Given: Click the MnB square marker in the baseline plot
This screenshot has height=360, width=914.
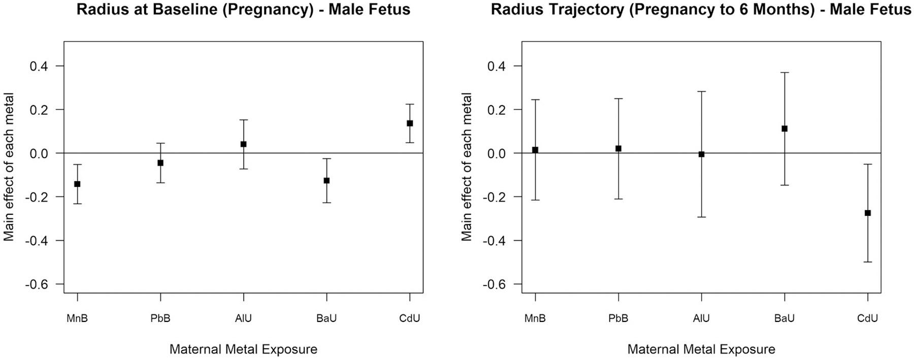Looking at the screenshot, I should tap(77, 184).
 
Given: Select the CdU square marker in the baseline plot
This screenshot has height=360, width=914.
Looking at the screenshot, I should tap(410, 123).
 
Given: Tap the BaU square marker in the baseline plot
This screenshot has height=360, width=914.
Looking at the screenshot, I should tap(327, 180).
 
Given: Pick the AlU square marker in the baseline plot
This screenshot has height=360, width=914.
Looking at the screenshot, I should tap(243, 144).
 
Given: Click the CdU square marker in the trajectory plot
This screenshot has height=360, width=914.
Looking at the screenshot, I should tap(868, 213).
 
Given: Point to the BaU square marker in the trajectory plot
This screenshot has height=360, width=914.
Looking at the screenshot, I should tap(785, 128).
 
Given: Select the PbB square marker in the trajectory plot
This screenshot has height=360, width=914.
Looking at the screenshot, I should tap(618, 148).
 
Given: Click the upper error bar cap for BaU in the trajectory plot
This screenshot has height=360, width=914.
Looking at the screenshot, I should tap(785, 73).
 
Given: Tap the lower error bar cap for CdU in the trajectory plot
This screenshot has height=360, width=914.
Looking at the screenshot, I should tap(868, 261).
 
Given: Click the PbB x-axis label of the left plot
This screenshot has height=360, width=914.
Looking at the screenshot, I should tap(160, 318).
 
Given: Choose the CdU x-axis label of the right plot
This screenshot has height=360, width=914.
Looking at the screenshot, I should tap(868, 318).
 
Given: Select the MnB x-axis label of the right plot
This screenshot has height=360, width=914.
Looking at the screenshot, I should tap(535, 318).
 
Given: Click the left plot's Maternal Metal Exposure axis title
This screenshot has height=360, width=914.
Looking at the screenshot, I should tap(243, 349).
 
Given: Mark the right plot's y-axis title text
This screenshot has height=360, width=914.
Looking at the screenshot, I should tap(467, 167).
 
